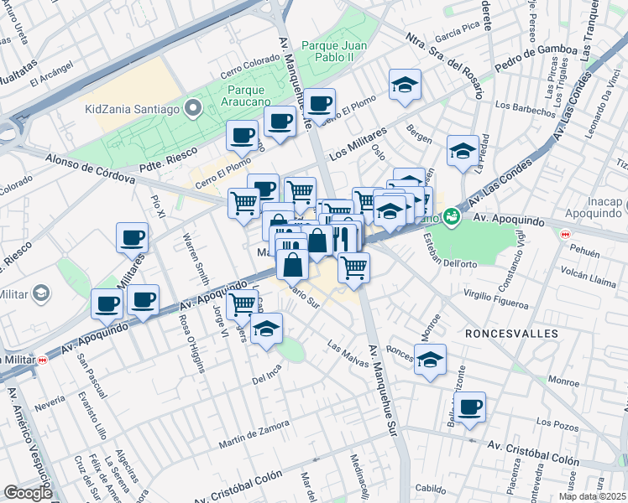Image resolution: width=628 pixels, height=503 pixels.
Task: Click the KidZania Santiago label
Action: pyautogui.click(x=133, y=109)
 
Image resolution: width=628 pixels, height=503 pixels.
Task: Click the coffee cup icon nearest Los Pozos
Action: pyautogui.click(x=471, y=407)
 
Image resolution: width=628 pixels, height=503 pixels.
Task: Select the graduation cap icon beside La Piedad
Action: pyautogui.click(x=463, y=151)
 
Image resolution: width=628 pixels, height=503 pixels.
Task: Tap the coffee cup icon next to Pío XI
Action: pyautogui.click(x=133, y=237)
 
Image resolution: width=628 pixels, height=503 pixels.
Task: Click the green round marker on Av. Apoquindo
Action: pyautogui.click(x=453, y=216)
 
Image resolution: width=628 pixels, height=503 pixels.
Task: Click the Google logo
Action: pyautogui.click(x=28, y=493)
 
